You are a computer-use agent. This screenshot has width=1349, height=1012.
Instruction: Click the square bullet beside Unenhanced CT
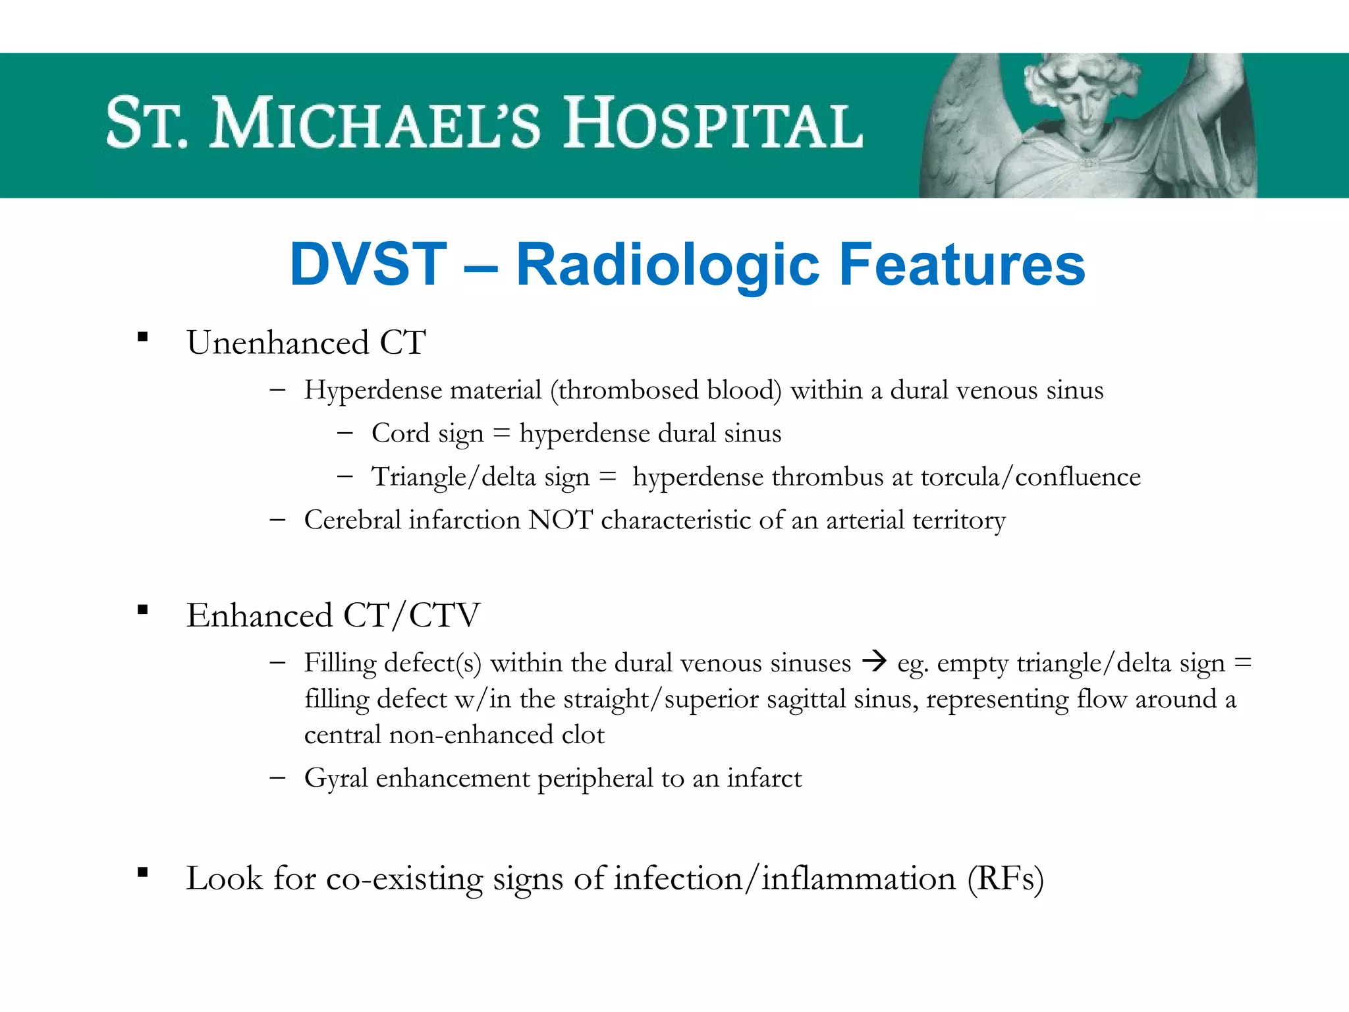[142, 338]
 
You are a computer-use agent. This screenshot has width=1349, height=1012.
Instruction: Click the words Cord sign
[427, 434]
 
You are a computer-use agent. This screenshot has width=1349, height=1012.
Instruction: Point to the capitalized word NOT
[561, 520]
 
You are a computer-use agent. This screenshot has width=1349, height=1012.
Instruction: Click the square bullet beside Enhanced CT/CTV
[142, 610]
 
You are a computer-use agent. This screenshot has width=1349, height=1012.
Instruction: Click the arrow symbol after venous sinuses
[874, 660]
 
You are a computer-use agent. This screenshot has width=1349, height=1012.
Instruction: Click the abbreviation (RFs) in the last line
[1005, 879]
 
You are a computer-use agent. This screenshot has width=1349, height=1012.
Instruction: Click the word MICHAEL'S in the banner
[375, 123]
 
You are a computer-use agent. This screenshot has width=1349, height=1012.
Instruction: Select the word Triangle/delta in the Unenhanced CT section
[454, 477]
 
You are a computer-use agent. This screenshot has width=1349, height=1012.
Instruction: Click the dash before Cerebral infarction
[277, 520]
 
